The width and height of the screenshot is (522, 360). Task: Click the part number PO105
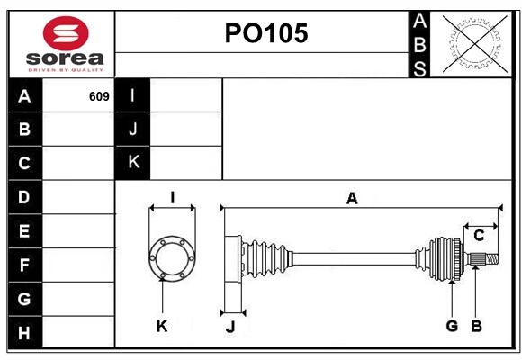point(266,33)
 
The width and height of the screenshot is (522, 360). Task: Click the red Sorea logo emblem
point(66,33)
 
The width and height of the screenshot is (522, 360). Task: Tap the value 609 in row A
point(99,96)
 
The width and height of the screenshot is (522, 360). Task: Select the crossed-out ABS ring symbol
point(475,44)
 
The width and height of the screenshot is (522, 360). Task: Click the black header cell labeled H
point(25,332)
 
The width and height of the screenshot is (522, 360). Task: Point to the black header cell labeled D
point(25,197)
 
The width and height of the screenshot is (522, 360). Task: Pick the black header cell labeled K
point(133,163)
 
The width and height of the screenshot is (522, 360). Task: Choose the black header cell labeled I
point(133,95)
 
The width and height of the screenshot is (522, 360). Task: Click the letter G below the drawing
point(452,326)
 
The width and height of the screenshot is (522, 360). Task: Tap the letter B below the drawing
point(476,326)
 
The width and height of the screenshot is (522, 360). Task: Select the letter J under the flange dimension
point(230,327)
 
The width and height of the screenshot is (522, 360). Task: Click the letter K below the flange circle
point(162,326)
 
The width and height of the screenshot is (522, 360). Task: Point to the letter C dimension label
point(479,236)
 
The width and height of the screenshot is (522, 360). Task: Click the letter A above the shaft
point(352,199)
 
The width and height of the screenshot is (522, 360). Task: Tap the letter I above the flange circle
point(173,197)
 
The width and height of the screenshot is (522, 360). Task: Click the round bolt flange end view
point(172,258)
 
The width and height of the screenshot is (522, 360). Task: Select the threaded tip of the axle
point(491,259)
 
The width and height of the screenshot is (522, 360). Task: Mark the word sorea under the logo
point(65,58)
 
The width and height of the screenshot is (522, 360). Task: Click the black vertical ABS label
point(419,45)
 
